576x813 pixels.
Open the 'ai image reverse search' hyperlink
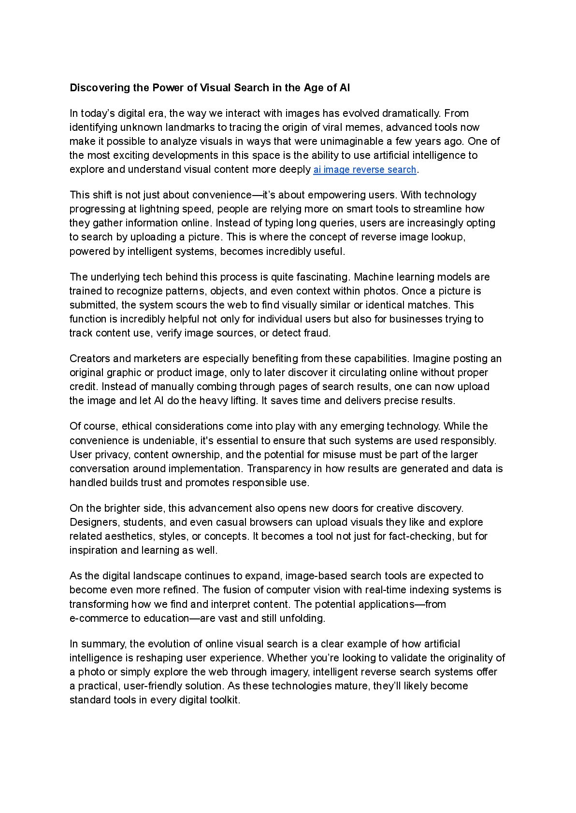[x=364, y=169]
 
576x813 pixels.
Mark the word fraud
[x=317, y=333]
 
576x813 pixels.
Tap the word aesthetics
[x=129, y=536]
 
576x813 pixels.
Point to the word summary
[x=103, y=644]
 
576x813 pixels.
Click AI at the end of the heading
[x=345, y=88]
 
